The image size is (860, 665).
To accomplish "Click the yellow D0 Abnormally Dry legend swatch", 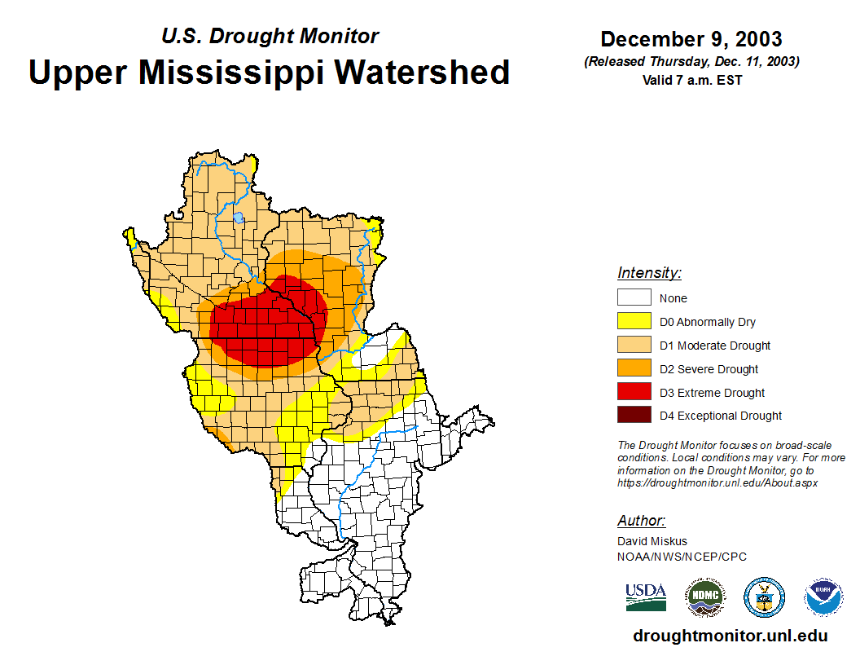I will [x=634, y=322].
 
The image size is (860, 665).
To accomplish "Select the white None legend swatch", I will [x=634, y=298].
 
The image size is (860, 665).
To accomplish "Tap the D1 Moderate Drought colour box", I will [x=634, y=346].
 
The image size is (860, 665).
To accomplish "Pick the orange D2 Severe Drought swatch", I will [x=634, y=369].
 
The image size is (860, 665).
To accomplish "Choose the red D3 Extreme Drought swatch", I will [x=634, y=392].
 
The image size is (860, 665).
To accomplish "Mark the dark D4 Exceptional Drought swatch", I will [x=634, y=416].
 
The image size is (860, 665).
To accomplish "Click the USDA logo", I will [x=646, y=597].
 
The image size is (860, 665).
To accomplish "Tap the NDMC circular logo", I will [x=704, y=597].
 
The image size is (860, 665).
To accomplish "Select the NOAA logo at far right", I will [x=824, y=597].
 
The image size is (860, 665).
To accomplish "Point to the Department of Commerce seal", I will [x=764, y=597].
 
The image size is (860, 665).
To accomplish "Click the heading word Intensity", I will [x=649, y=273].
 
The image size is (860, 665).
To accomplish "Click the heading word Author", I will [x=641, y=521].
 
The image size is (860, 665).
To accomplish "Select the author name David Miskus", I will [x=652, y=541].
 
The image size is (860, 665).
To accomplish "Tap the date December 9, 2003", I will [x=691, y=39].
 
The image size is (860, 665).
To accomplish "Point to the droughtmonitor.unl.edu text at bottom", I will [x=731, y=636].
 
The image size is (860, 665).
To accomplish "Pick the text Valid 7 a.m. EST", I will [x=691, y=80].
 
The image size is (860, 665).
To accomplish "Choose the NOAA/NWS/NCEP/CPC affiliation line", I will [x=682, y=557].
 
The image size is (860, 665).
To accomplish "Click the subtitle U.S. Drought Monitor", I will [x=270, y=36].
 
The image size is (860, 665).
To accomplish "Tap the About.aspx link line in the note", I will [x=717, y=482].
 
